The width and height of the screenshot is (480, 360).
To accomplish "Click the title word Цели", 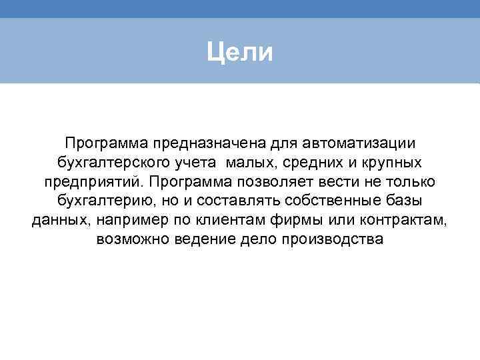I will pos(239,51).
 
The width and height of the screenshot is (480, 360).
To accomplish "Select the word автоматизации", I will pos(359,143).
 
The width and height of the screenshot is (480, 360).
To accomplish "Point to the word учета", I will pos(198,163).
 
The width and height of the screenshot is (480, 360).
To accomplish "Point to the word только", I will pos(411,181).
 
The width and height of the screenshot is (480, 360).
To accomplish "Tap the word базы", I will pos(407,201).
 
